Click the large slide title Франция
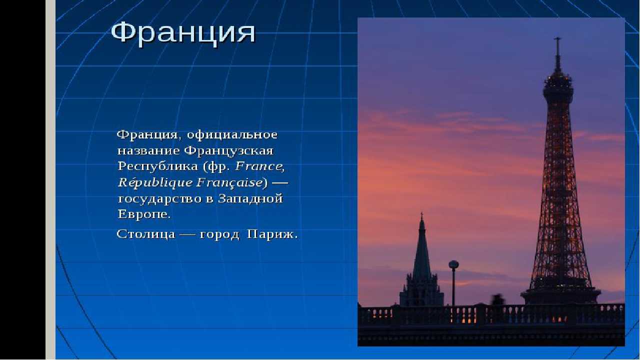click(x=183, y=33)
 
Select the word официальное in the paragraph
click(x=232, y=134)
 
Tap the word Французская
click(x=229, y=150)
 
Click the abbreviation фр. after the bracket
click(x=219, y=167)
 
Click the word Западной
click(x=250, y=198)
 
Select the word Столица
click(x=146, y=234)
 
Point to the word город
click(x=219, y=235)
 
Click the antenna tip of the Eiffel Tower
click(x=557, y=38)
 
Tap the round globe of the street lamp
click(x=453, y=264)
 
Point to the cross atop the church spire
click(x=421, y=214)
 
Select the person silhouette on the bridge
click(x=498, y=300)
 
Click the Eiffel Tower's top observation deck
click(x=558, y=83)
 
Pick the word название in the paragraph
click(x=148, y=151)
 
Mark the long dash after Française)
click(x=280, y=182)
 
